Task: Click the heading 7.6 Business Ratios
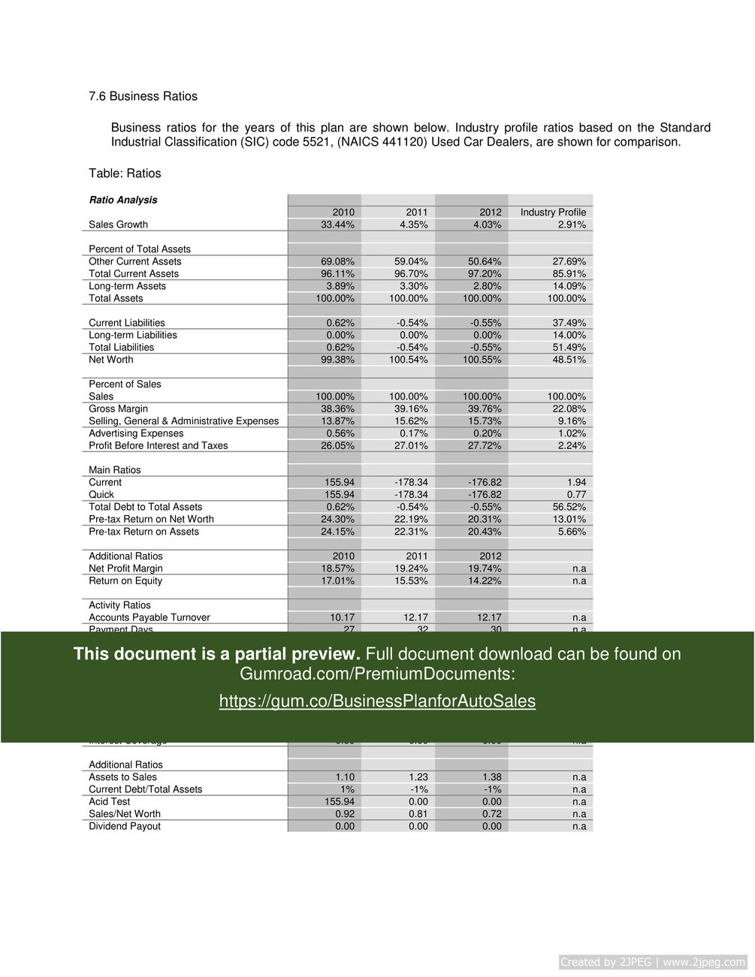(x=143, y=96)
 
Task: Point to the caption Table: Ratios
(x=125, y=173)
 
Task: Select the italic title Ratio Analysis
(x=123, y=200)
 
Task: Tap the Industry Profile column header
(x=553, y=213)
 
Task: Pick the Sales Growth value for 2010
(x=338, y=225)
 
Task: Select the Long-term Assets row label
(x=127, y=286)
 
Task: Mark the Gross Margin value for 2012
(x=485, y=409)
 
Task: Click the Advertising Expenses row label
(x=136, y=433)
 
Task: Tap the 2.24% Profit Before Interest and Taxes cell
(x=570, y=445)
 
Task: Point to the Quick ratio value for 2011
(x=411, y=495)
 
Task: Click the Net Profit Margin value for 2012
(x=485, y=568)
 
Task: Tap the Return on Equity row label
(x=125, y=580)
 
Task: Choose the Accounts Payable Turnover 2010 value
(x=343, y=617)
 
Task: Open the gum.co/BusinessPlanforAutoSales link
(x=377, y=701)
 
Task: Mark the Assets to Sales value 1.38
(x=491, y=777)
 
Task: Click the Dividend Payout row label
(x=125, y=826)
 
